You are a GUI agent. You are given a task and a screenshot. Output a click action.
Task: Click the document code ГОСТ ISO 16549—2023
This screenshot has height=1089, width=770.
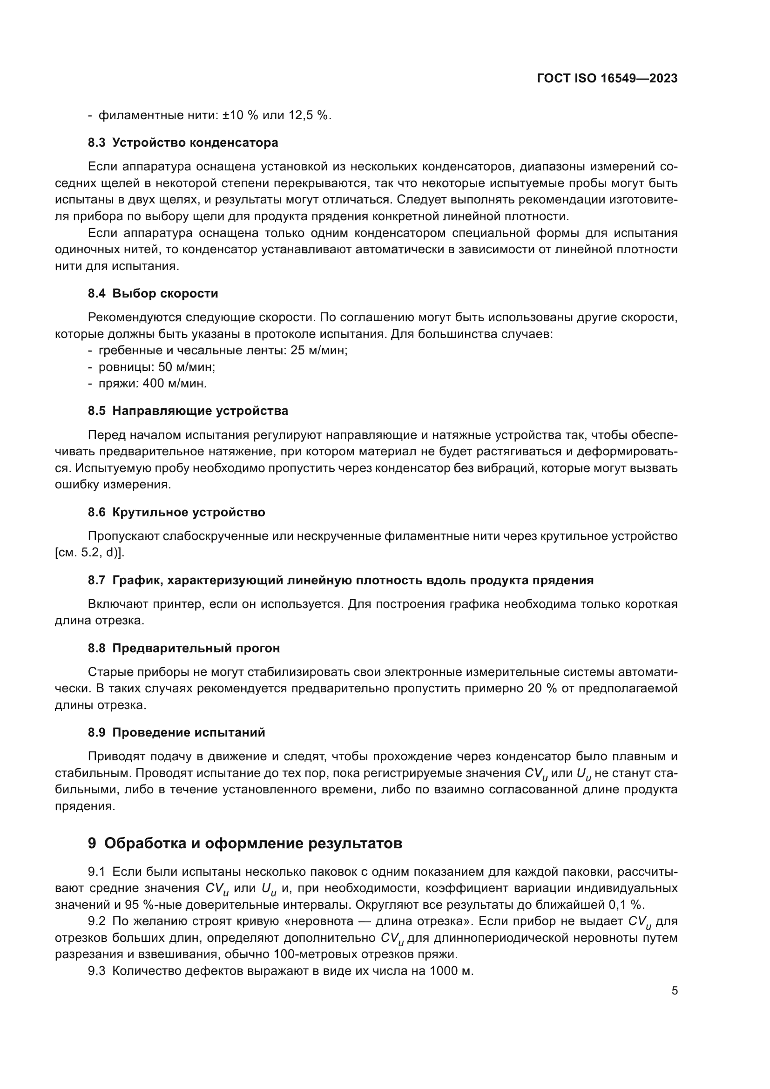click(607, 79)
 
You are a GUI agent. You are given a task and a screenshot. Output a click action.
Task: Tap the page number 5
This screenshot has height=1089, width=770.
click(674, 991)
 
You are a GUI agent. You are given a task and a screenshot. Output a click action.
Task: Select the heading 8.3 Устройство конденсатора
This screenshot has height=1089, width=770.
click(183, 143)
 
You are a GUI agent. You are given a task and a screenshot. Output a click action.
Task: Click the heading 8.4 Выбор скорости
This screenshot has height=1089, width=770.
click(153, 294)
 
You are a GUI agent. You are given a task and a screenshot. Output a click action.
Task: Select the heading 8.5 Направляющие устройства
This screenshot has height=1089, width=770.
click(188, 411)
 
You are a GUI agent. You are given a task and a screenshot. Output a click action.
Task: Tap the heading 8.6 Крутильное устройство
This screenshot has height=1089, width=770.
click(176, 512)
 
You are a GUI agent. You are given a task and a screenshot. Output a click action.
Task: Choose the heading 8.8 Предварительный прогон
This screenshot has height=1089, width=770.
click(184, 649)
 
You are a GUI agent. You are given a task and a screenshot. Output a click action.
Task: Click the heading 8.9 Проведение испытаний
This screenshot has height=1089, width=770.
click(176, 733)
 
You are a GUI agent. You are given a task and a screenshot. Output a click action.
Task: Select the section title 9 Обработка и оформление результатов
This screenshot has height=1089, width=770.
click(245, 843)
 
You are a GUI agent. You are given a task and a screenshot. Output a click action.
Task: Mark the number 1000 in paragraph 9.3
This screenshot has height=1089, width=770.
click(445, 971)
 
